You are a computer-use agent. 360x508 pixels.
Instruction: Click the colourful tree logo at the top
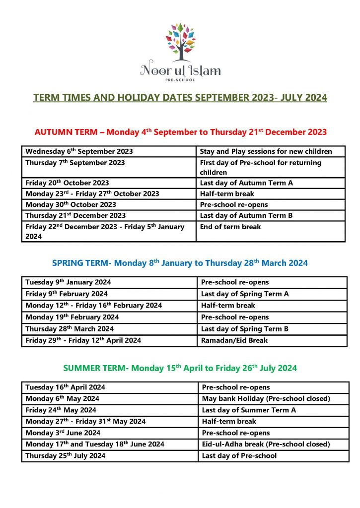tap(180, 39)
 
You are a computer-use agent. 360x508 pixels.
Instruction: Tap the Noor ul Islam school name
tap(180, 70)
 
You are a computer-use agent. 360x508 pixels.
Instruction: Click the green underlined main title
tap(180, 97)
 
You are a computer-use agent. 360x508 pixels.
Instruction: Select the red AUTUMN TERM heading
tap(180, 132)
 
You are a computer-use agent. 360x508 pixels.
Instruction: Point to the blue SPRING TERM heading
tap(180, 263)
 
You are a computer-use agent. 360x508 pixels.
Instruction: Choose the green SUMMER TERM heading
tap(180, 368)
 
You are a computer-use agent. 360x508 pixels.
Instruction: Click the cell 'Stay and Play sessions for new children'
tap(266, 152)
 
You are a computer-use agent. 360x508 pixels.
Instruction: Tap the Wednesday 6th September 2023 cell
tap(79, 152)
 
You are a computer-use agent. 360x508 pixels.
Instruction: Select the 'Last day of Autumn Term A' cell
tap(246, 183)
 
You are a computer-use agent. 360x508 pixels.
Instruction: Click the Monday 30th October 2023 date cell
tap(71, 204)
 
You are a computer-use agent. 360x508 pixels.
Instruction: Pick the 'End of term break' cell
tap(230, 227)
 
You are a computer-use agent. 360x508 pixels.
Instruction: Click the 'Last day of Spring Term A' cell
tap(245, 294)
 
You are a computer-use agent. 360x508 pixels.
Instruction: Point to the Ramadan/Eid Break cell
tap(234, 340)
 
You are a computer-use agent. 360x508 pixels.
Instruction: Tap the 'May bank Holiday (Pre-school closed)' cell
tap(266, 398)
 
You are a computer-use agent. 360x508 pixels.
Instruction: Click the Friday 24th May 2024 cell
tap(61, 410)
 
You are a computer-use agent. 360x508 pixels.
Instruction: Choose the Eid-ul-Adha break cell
tap(266, 444)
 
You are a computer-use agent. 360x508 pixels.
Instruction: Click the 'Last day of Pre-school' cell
tap(239, 455)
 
